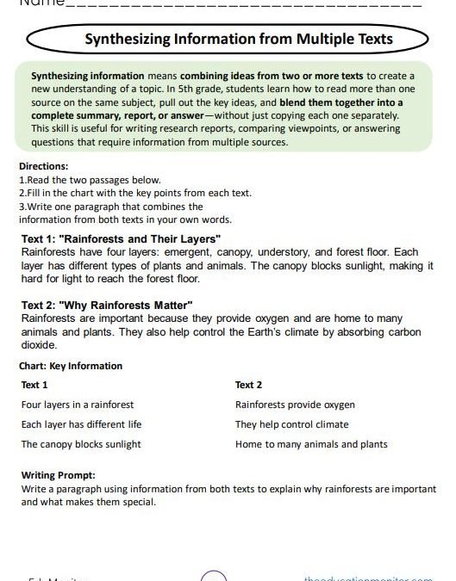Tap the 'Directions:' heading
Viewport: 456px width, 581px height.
point(43,166)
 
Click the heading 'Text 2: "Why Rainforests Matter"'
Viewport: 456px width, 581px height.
point(107,306)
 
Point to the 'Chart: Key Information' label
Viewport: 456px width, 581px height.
point(71,366)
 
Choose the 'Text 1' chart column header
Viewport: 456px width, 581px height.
point(35,385)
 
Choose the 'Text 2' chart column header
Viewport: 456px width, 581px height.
point(248,385)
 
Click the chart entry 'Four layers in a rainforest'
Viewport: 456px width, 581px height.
point(78,405)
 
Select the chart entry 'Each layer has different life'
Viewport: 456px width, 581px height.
point(81,424)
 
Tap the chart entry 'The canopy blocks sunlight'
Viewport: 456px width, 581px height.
point(81,444)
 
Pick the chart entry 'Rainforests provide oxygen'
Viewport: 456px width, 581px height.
point(295,405)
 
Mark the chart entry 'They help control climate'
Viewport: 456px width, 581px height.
point(291,424)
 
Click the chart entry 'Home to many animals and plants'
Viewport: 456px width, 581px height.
point(311,444)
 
